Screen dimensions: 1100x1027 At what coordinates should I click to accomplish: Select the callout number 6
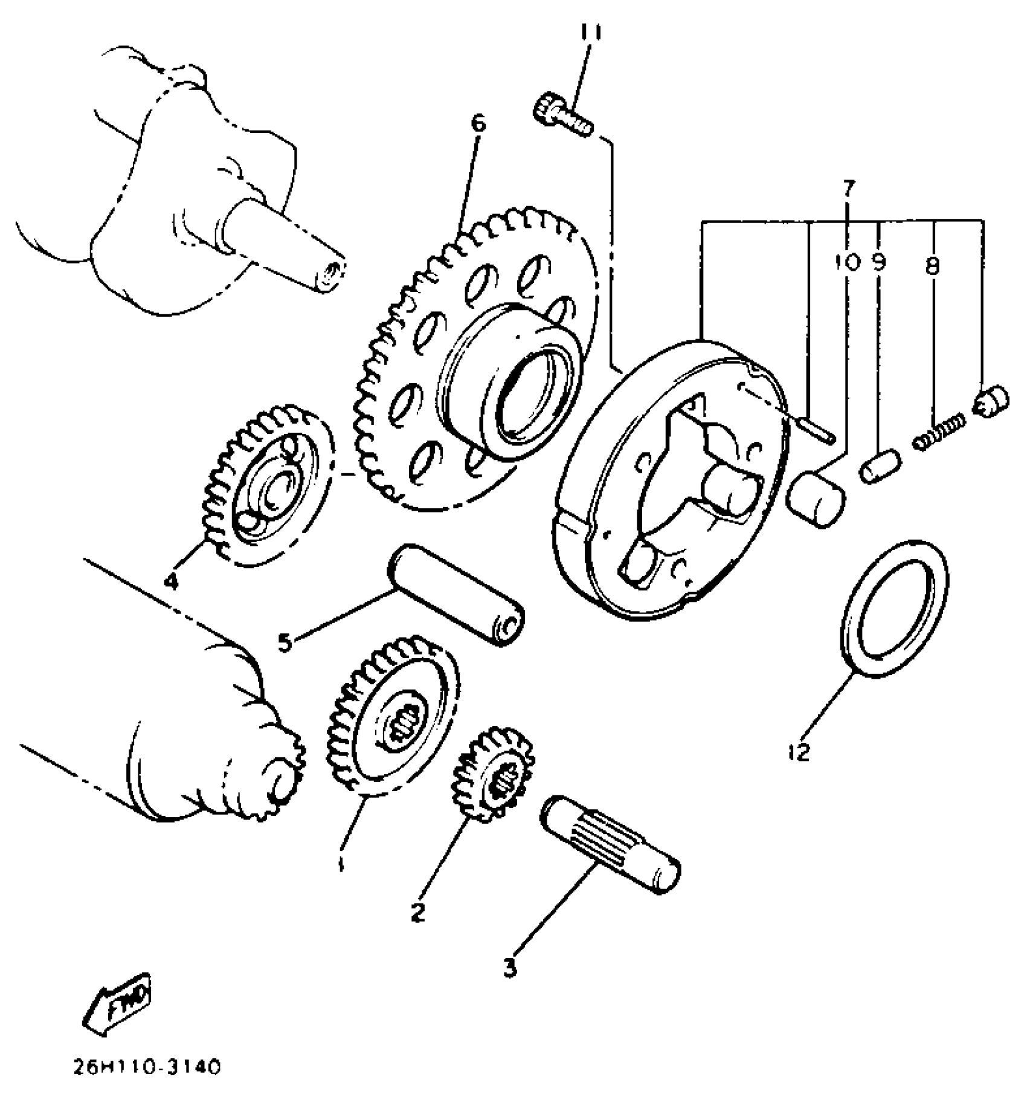click(478, 123)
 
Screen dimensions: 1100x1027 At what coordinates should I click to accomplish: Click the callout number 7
click(849, 189)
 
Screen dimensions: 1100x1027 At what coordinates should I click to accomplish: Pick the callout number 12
click(799, 753)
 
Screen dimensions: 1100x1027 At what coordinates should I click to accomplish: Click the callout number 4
click(172, 581)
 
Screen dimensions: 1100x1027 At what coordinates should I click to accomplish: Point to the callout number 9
click(879, 262)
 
